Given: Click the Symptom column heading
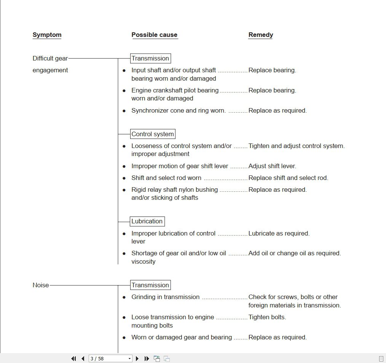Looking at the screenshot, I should (x=47, y=35).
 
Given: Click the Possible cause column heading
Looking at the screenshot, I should (x=154, y=35).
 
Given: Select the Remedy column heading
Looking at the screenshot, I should (x=261, y=35).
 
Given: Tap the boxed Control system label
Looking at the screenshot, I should (x=153, y=134).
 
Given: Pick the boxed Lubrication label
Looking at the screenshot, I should (x=147, y=221).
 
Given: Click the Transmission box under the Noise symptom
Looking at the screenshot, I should (x=150, y=285).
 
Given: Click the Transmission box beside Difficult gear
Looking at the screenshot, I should (x=150, y=59).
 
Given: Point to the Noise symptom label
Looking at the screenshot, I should (x=41, y=285).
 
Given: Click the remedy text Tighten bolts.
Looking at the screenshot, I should (x=267, y=317).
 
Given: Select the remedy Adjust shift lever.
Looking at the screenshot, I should (x=272, y=166).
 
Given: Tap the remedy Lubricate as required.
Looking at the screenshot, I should (x=279, y=234).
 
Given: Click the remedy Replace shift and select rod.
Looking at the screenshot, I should (x=288, y=178).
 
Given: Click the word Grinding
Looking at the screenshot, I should (x=144, y=297).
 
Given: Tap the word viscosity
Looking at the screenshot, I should (x=144, y=262).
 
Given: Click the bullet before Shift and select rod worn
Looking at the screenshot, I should (x=124, y=178).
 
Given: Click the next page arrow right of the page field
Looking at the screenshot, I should (x=137, y=358).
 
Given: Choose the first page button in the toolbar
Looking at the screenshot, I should (x=73, y=358).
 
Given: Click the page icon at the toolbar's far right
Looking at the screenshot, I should (x=381, y=358).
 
